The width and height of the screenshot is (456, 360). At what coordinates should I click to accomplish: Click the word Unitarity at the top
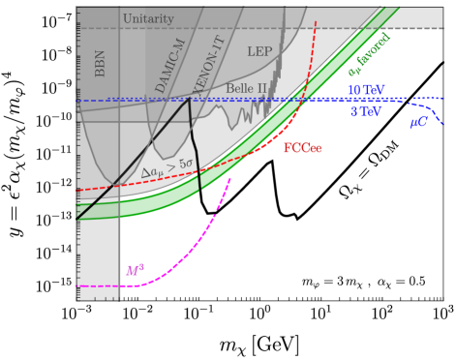coord(148,19)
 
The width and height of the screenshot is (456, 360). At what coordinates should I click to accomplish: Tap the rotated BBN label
coord(100,62)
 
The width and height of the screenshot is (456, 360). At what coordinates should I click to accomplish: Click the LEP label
coord(259,51)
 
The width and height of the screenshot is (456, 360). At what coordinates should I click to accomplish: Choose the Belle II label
coord(246,88)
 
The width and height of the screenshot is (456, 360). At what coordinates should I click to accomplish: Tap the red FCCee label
coord(302,148)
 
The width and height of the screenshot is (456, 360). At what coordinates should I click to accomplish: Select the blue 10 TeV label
coord(366,90)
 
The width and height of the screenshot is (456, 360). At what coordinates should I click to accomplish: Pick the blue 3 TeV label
coord(366,111)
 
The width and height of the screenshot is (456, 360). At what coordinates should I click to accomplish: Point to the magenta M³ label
coord(136,270)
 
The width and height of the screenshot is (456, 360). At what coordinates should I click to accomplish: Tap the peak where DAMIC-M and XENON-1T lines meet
coord(188,98)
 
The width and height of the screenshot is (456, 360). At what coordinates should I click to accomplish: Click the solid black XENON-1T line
coord(195,145)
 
